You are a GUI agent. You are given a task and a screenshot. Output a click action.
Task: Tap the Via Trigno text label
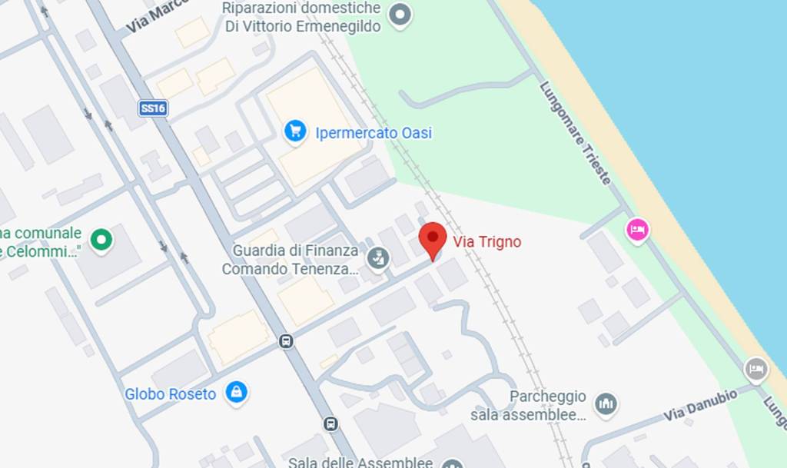pos(486,242)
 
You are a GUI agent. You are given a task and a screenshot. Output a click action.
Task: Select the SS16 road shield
pos(153,108)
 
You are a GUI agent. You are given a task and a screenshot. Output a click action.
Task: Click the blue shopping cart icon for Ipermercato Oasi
pos(295,131)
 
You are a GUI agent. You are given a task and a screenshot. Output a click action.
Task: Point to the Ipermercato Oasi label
pos(374,133)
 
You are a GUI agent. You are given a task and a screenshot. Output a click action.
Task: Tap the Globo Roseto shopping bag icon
pos(236,393)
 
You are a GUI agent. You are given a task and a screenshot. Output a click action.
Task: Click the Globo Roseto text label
pos(171,394)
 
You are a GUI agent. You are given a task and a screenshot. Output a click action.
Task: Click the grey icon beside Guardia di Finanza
pos(377,259)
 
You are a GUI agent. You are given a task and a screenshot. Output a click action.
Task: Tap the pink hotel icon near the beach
pos(638,229)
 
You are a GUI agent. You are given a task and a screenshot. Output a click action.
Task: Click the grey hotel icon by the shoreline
pos(756,369)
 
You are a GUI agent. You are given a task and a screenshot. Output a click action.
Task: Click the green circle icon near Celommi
pos(101,241)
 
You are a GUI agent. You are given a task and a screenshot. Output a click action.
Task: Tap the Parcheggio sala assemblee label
pos(548,406)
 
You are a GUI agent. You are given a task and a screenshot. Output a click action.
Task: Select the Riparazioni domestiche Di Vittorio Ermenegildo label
pos(302,17)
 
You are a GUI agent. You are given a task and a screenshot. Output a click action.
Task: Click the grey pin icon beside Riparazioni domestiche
pos(400,14)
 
